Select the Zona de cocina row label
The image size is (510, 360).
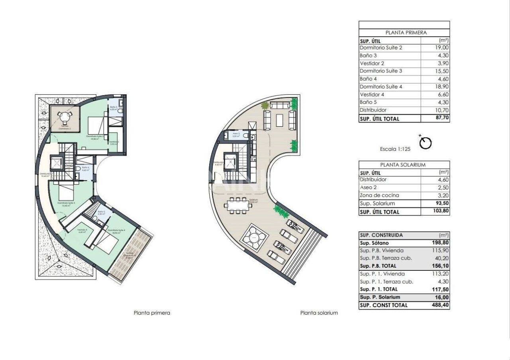point(379,196)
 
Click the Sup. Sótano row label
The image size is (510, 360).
point(374,243)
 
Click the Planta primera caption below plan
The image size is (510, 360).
point(152,313)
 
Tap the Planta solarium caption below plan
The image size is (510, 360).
point(319,313)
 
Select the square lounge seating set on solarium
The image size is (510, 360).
point(253,238)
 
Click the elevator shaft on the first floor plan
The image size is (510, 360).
point(56,163)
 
